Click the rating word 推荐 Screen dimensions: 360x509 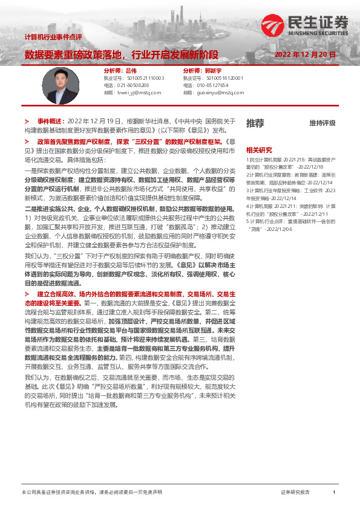coord(255,123)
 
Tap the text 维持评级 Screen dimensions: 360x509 coord(322,123)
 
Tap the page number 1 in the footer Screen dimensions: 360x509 coord(334,493)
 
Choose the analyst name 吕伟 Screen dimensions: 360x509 coord(131,70)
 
